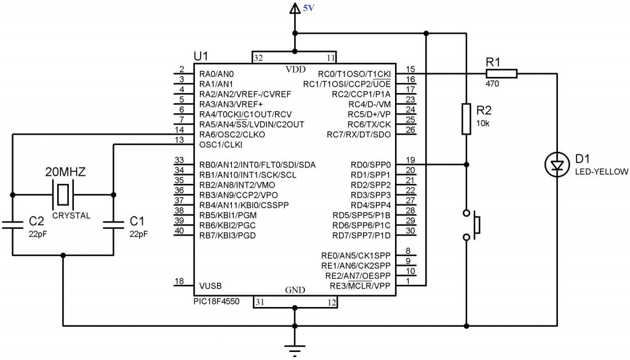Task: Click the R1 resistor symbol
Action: [502, 74]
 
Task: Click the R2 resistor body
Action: [467, 119]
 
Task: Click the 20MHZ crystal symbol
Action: [63, 194]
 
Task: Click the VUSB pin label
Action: [210, 286]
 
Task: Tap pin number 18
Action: [179, 281]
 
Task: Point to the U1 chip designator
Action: [201, 57]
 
